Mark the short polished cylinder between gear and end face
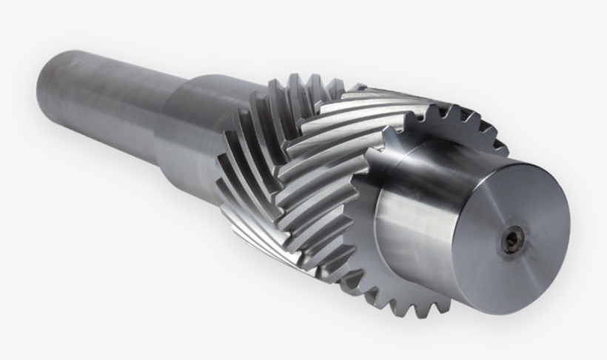point(415,200)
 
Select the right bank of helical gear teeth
point(333,163)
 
